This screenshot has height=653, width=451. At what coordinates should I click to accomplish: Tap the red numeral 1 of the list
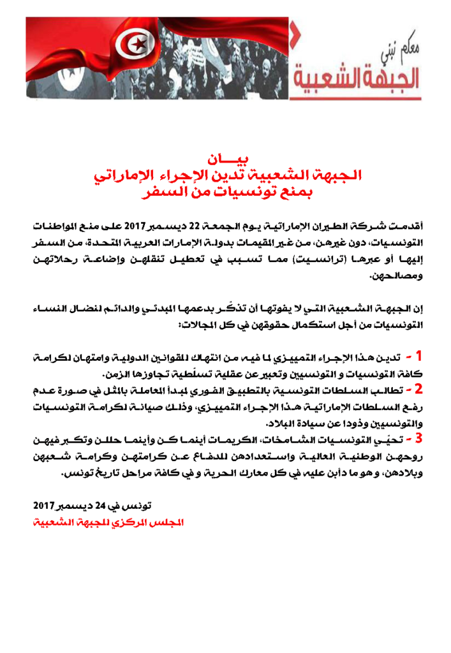(419, 355)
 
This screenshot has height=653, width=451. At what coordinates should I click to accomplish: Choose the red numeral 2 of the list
(418, 387)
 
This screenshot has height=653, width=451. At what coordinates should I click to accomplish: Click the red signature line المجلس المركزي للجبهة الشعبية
(108, 522)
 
